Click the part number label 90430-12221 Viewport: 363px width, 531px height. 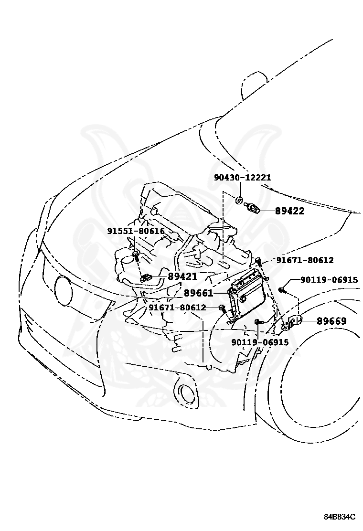(x=242, y=178)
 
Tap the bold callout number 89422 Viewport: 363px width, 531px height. (x=289, y=211)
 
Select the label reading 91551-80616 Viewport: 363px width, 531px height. (x=136, y=231)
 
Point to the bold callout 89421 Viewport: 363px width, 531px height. (x=182, y=276)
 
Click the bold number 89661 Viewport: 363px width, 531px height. (x=198, y=293)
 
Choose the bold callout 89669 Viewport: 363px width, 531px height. (x=331, y=321)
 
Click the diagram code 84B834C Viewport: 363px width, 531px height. (x=340, y=517)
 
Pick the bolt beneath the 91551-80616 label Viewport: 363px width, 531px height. (x=137, y=256)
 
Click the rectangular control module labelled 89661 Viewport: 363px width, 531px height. (x=247, y=293)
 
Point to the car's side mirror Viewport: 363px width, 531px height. (x=253, y=81)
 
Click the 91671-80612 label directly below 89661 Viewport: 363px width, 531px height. (x=177, y=308)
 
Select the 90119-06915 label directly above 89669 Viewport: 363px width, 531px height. (x=329, y=280)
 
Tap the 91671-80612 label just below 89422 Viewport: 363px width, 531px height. (x=305, y=260)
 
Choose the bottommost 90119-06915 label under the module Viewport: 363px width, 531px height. (x=260, y=342)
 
